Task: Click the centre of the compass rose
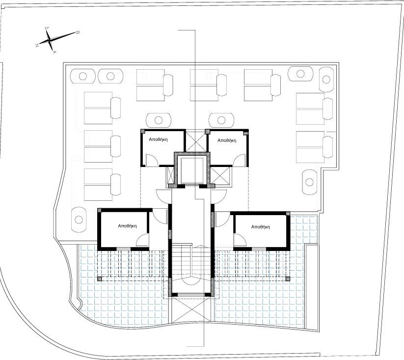point(50,40)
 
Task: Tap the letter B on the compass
point(77,32)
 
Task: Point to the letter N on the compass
point(37,45)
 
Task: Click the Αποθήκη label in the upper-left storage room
point(158,139)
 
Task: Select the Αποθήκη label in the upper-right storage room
point(227,140)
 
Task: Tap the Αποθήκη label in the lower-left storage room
point(127,226)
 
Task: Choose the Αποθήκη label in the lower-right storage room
point(261,227)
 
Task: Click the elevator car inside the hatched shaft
point(192,170)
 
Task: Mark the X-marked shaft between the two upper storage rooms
point(195,142)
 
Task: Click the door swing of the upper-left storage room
point(152,160)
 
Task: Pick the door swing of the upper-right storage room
point(239,160)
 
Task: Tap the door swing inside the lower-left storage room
point(142,240)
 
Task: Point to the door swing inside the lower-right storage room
point(240,240)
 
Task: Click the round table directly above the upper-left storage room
point(159,120)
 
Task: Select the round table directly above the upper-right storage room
point(221,120)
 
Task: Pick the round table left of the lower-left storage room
point(79,220)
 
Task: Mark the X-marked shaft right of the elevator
point(220,175)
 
